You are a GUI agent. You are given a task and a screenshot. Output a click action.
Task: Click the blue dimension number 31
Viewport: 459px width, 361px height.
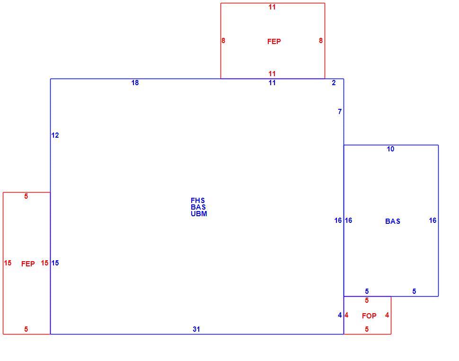click(x=196, y=329)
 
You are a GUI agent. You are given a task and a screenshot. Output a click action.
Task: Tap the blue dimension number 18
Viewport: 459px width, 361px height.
click(x=135, y=83)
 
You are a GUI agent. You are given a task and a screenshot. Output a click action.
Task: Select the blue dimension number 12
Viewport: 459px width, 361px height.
click(x=55, y=135)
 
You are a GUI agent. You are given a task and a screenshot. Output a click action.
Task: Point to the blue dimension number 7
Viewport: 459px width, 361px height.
click(x=340, y=112)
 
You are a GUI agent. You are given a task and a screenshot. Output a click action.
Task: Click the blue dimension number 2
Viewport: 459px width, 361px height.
click(x=334, y=83)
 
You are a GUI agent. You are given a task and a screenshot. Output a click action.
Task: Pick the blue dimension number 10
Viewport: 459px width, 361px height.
click(x=390, y=149)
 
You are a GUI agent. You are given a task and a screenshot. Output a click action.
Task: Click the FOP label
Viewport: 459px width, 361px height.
click(x=369, y=316)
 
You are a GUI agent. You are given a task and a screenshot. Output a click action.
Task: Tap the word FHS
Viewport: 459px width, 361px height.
click(x=198, y=201)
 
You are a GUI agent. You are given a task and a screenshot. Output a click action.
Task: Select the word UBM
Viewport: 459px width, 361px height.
click(x=199, y=214)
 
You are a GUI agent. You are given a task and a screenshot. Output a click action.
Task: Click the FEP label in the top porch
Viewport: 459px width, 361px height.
click(x=274, y=42)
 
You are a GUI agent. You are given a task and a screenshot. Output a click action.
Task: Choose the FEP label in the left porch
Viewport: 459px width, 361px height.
click(x=28, y=264)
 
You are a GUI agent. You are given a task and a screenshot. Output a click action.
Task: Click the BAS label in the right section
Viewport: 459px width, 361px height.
click(x=393, y=221)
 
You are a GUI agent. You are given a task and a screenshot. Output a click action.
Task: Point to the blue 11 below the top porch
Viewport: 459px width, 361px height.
click(x=272, y=83)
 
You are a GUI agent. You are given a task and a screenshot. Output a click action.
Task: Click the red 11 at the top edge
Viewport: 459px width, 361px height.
click(x=272, y=7)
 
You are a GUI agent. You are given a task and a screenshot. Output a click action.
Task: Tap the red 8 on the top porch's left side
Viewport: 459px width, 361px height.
click(x=223, y=41)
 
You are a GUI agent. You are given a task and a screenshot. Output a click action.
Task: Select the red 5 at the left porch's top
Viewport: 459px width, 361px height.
click(x=26, y=196)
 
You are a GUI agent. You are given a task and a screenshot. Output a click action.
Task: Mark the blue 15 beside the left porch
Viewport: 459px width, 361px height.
click(x=55, y=263)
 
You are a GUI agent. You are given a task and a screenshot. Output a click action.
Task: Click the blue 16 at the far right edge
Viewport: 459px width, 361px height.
click(x=433, y=220)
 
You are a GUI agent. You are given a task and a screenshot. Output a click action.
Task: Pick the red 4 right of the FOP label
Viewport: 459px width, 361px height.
click(x=387, y=315)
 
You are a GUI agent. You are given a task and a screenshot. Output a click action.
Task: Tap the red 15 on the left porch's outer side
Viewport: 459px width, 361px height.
click(x=8, y=263)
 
